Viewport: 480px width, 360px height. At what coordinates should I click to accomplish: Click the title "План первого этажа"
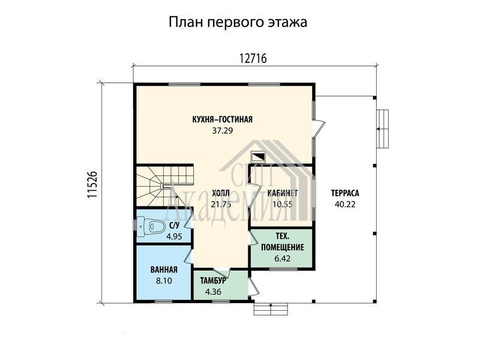(238, 23)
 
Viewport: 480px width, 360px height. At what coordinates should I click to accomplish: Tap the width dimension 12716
(253, 58)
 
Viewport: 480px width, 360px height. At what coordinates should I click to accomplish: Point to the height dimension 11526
(92, 185)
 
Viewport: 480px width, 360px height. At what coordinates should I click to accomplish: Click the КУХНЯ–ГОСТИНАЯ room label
(222, 119)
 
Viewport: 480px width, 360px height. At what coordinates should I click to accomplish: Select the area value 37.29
(223, 131)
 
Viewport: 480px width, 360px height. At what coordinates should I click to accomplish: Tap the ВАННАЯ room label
(164, 269)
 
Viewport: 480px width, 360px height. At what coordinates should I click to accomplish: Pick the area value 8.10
(164, 281)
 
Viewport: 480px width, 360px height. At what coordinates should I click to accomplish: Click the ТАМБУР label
(213, 281)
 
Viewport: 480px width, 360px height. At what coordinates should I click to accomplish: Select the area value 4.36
(213, 292)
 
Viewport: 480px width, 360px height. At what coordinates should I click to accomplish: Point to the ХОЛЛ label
(220, 193)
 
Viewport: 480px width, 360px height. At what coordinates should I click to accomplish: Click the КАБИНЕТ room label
(283, 193)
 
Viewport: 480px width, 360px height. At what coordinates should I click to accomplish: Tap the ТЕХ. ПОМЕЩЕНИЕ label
(283, 242)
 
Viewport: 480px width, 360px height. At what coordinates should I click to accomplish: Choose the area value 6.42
(283, 259)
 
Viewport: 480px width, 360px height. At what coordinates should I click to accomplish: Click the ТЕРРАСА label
(345, 193)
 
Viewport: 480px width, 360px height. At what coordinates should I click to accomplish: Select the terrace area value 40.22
(345, 204)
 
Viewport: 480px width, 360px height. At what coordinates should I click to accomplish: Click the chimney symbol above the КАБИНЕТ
(259, 157)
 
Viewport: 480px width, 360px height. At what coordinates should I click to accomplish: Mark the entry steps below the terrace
(271, 309)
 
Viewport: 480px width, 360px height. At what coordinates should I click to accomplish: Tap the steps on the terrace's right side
(383, 129)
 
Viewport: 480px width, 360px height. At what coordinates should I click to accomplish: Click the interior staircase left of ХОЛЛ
(164, 185)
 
